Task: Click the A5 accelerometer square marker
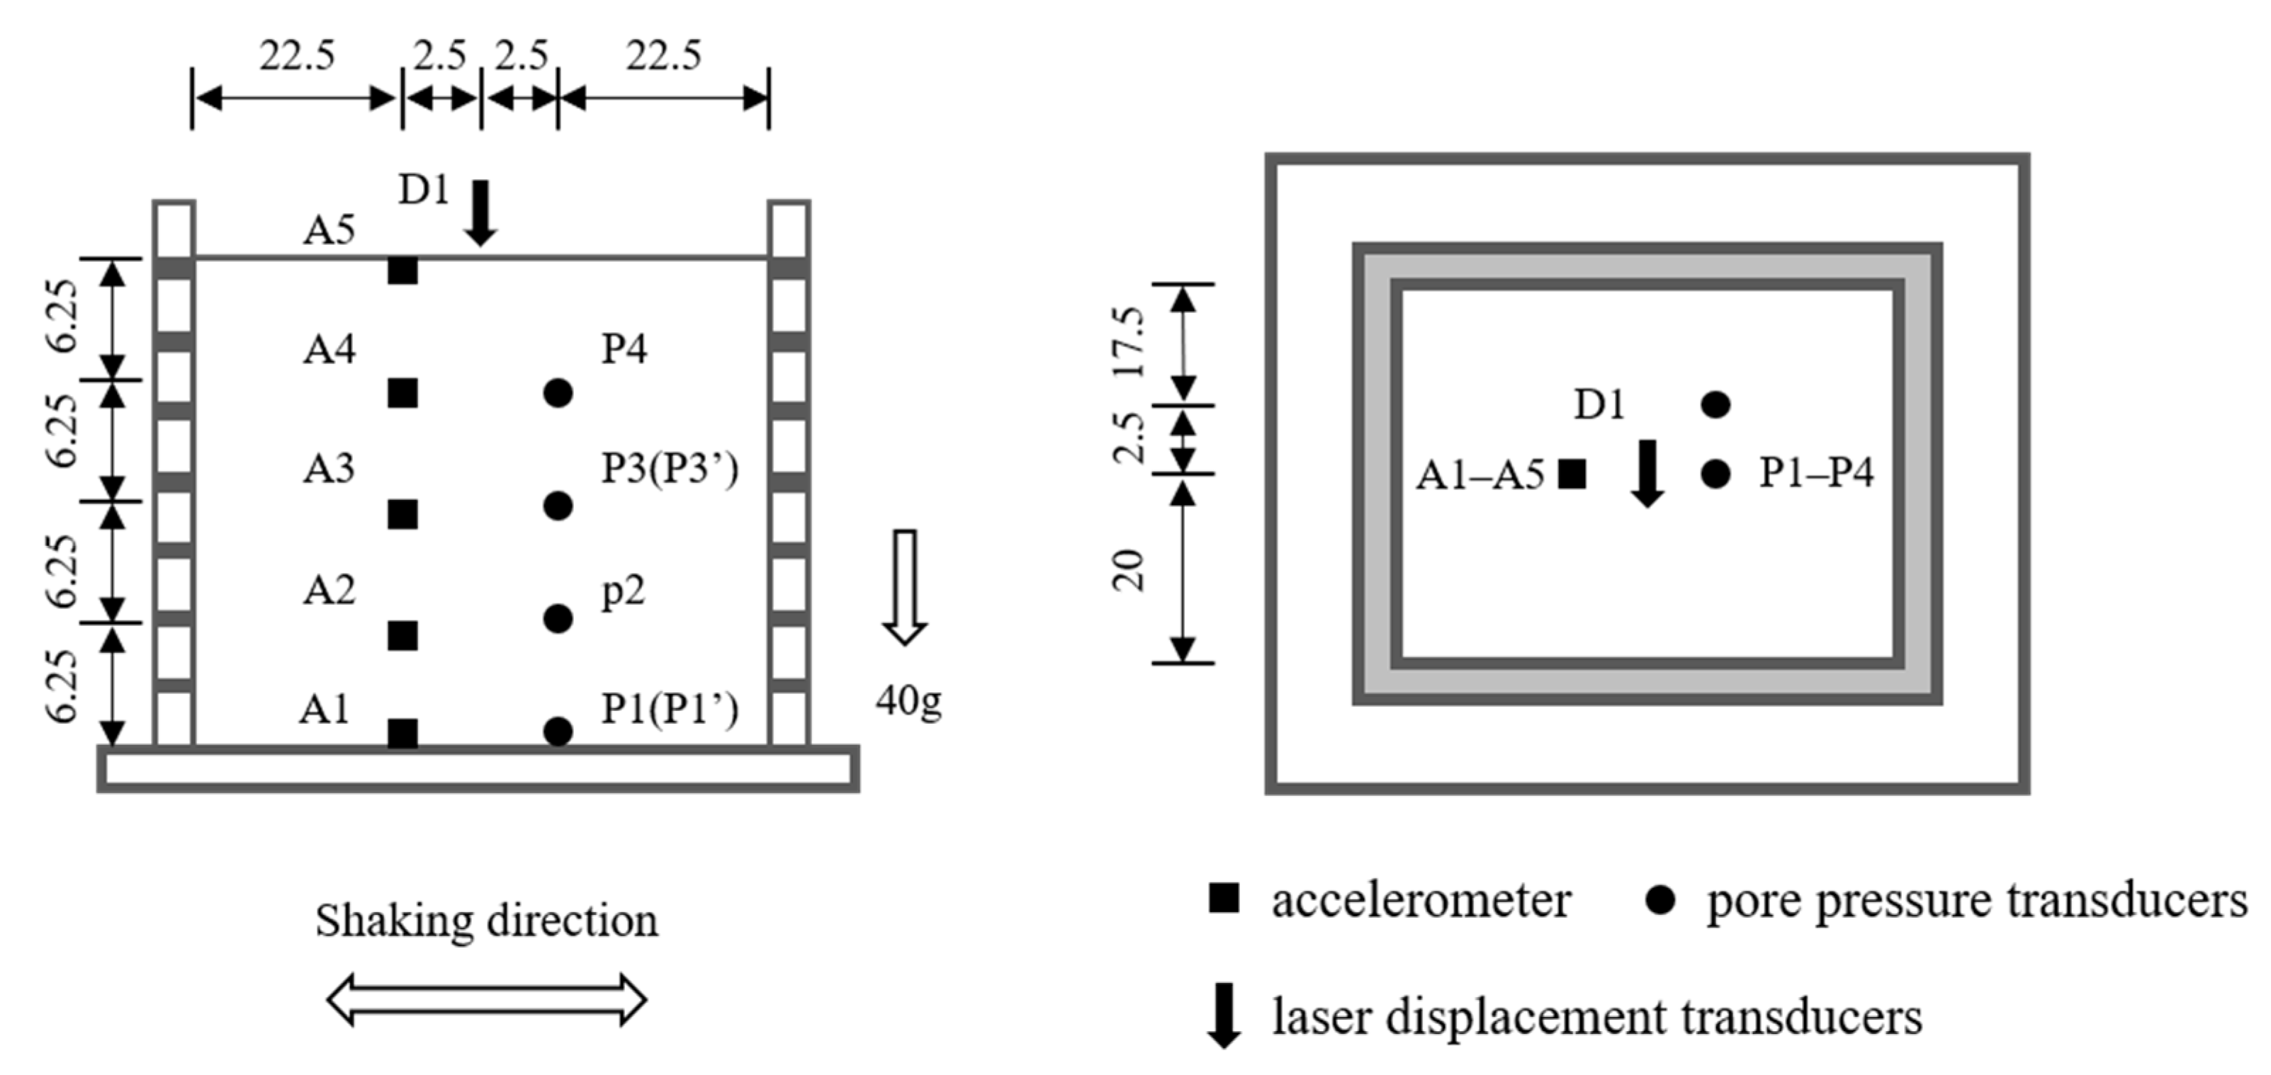[403, 271]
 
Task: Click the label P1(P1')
[669, 710]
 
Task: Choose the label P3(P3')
[669, 469]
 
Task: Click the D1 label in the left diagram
[424, 190]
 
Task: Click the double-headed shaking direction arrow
[487, 999]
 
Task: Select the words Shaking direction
[487, 921]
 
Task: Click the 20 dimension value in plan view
[1129, 570]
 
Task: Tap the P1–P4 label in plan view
[1816, 473]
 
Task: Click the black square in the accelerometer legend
[1224, 898]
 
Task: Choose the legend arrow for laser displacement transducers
[1224, 1017]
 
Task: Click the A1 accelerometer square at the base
[403, 733]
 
